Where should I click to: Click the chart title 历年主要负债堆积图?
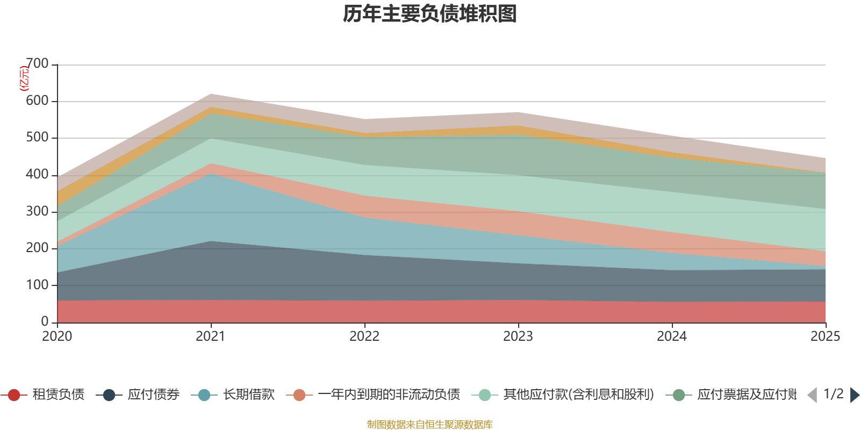point(430,14)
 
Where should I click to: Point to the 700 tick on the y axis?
point(37,64)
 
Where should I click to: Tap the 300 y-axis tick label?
point(37,211)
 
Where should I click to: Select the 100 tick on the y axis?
point(37,285)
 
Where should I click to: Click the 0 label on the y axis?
point(45,321)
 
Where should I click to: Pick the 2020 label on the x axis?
point(57,336)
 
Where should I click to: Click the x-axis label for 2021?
point(211,336)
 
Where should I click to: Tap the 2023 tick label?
point(518,336)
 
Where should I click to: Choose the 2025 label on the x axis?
point(825,336)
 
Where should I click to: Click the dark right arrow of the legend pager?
point(855,395)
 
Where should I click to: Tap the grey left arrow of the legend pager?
point(812,395)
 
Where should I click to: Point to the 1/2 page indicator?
point(834,394)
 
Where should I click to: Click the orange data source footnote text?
point(430,425)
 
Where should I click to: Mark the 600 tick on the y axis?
point(37,101)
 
